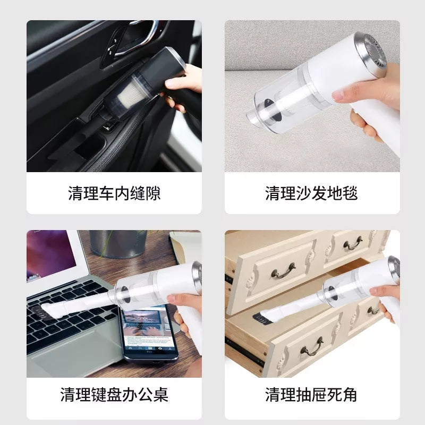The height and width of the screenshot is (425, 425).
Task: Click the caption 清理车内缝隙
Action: pos(114,193)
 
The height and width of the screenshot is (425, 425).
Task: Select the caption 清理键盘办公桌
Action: pos(114,395)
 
